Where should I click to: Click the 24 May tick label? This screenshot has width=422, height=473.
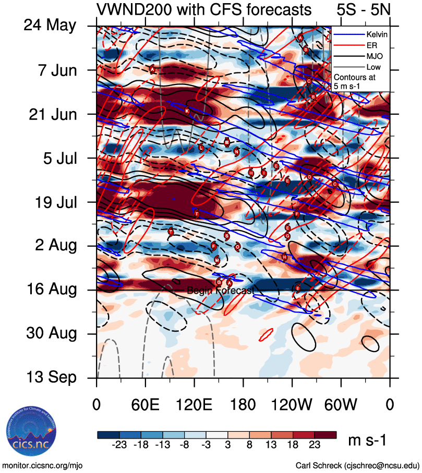50,26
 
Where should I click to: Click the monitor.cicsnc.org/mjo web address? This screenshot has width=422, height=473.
43,465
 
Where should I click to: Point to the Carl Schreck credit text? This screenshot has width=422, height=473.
357,465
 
